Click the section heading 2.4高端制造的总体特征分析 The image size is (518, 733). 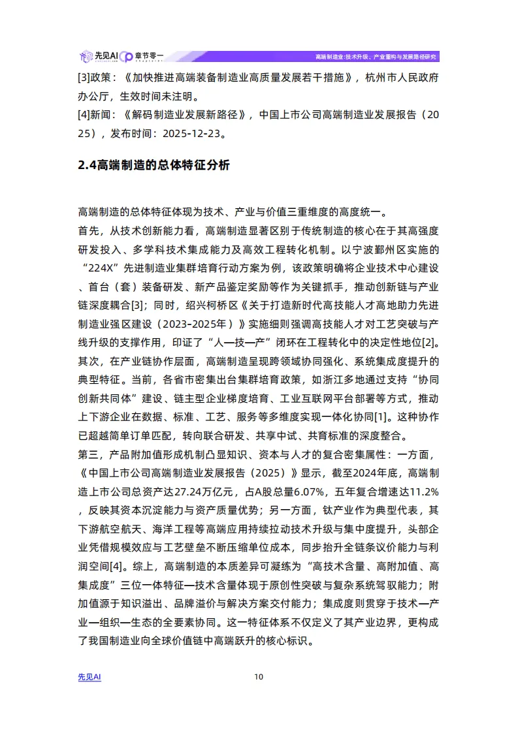(x=154, y=165)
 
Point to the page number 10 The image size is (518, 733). (x=259, y=677)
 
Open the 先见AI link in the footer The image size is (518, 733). (x=89, y=677)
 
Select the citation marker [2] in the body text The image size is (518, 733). (x=432, y=341)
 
